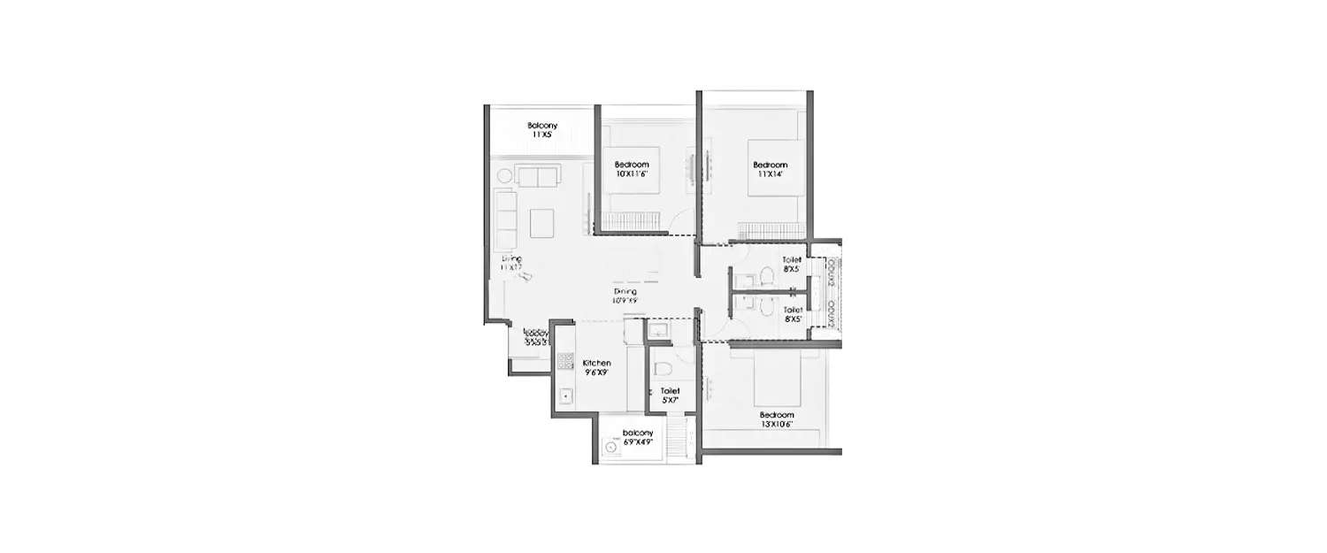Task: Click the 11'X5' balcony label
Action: coord(542,131)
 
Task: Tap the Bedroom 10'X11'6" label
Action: coord(632,170)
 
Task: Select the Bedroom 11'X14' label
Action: coord(770,170)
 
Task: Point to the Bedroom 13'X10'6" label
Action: coord(776,419)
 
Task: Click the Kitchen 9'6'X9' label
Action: coord(596,368)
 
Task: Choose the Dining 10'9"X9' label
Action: coord(625,296)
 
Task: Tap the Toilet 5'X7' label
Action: coord(670,396)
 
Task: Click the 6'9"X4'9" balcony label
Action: coord(637,437)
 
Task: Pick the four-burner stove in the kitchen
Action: coord(565,361)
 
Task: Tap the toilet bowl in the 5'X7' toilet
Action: coord(661,367)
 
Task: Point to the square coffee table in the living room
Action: coord(541,221)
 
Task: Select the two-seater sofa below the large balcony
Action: coord(537,176)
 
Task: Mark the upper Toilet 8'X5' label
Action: coord(792,265)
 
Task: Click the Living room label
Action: coord(511,263)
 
